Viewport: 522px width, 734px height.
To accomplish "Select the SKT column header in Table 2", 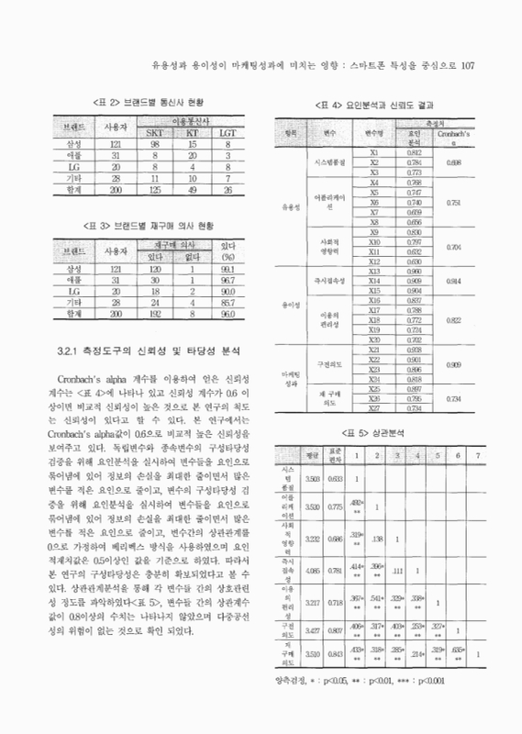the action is tap(155, 133).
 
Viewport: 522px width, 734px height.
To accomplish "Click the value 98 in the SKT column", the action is tap(155, 145).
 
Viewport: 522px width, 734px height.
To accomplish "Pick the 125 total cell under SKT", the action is tap(155, 189).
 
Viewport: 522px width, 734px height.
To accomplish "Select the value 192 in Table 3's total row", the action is tap(155, 312).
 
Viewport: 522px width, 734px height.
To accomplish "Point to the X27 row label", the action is tap(373, 407).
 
